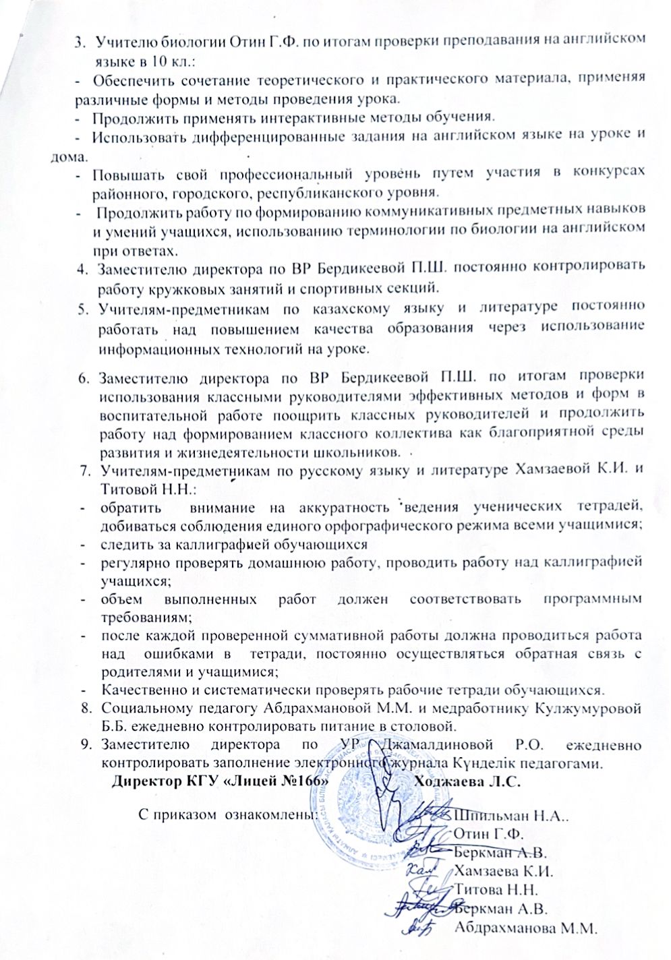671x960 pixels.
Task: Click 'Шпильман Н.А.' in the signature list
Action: tap(511, 814)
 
